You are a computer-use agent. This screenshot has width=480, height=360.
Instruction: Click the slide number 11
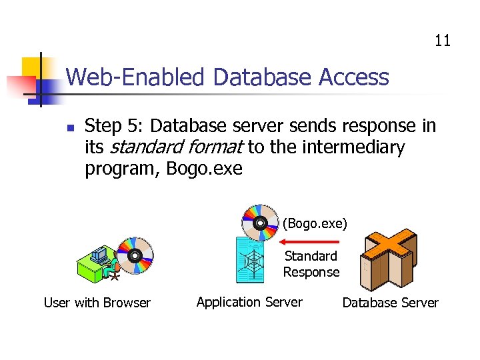pos(443,41)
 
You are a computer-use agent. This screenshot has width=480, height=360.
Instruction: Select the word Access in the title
pos(353,77)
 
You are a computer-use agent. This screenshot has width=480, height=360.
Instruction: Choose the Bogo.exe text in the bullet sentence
pos(204,169)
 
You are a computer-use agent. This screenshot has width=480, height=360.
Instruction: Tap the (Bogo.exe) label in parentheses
pos(315,223)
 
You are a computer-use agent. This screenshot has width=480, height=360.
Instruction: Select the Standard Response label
pos(311,264)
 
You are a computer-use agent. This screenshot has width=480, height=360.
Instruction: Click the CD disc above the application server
pos(259,222)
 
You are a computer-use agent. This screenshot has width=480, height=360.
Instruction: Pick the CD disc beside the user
pos(135,255)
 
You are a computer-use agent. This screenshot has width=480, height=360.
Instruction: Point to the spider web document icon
pos(253,262)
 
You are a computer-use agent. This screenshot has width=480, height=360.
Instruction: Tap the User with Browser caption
pos(97,303)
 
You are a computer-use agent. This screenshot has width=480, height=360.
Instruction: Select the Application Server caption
pos(249,302)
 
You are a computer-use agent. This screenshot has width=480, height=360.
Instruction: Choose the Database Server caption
pos(390,303)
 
